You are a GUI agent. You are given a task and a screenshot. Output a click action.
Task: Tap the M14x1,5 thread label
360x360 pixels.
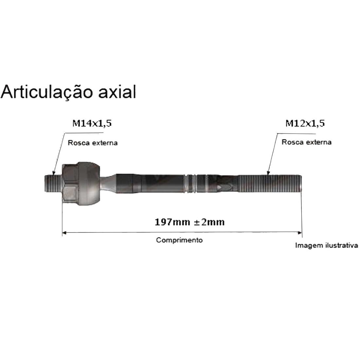pos(92,123)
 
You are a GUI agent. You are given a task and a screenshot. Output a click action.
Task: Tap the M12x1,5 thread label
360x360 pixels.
pos(305,123)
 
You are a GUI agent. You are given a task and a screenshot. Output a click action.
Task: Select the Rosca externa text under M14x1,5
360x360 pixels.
pos(93,143)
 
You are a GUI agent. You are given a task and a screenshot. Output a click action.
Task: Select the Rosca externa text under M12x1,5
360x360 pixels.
pos(307,142)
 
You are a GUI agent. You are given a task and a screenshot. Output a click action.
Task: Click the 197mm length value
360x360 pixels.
pos(172,222)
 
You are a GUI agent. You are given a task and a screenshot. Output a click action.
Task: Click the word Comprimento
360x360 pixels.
pos(179,240)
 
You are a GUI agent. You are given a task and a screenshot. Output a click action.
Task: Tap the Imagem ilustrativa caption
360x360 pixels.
pos(326,245)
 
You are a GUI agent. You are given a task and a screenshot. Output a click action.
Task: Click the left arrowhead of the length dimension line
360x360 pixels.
pos(64,233)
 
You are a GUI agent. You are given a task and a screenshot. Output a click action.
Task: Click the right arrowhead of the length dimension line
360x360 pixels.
pos(300,233)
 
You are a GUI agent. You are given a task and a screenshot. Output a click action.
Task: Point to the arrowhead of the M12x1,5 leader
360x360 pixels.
pos(268,172)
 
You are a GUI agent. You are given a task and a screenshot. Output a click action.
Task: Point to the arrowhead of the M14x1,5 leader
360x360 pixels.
pos(54,173)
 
